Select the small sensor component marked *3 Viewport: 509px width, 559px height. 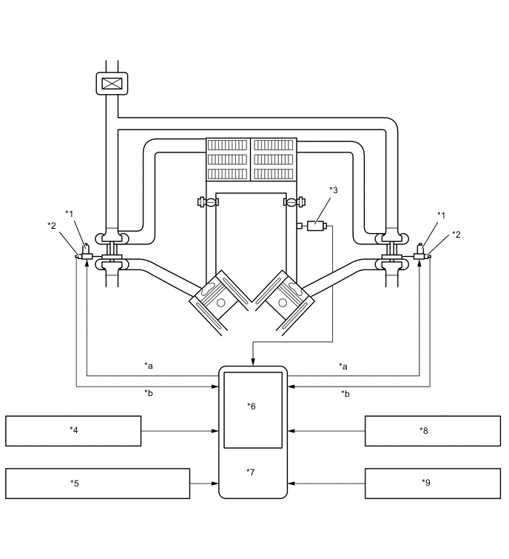pos(316,225)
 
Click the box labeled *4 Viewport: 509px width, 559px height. pos(73,430)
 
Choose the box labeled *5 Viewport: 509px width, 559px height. pos(98,483)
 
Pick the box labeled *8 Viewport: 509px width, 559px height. pos(432,430)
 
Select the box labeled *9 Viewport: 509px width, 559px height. pos(432,483)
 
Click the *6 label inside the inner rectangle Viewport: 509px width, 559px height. pos(252,406)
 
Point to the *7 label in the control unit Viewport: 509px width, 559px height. pos(252,472)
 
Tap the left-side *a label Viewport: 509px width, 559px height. pos(149,365)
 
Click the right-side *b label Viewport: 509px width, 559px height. pos(345,393)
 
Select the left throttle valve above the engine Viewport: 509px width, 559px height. pos(206,201)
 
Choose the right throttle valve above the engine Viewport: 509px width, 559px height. pos(292,201)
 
